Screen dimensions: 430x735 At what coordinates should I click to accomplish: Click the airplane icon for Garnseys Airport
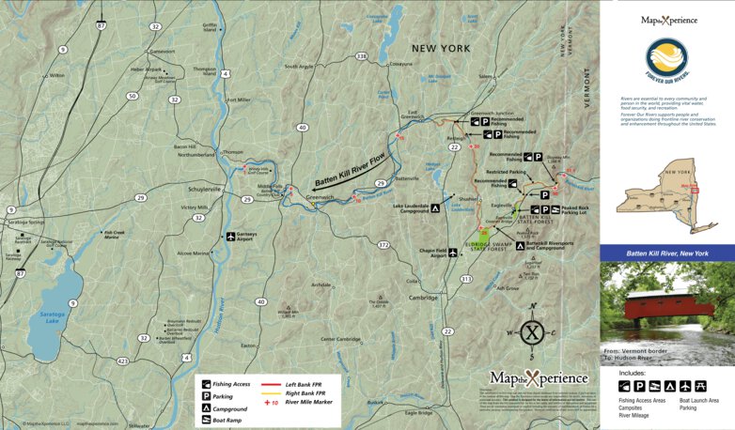click(x=230, y=237)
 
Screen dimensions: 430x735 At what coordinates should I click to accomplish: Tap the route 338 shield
click(x=362, y=56)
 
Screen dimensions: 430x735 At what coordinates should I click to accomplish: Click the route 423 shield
click(x=122, y=360)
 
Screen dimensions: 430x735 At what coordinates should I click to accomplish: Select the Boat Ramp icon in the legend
click(x=204, y=421)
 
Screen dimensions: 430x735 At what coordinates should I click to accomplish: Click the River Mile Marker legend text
click(x=312, y=402)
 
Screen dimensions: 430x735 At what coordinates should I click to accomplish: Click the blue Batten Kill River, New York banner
click(x=667, y=253)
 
